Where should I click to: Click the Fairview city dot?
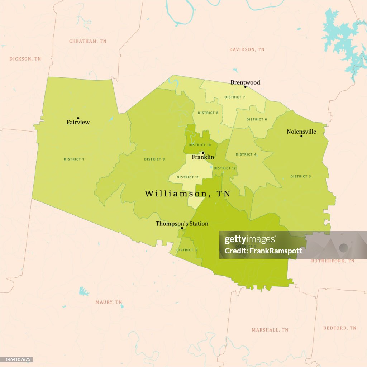pyautogui.click(x=78, y=118)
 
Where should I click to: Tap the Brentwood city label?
pyautogui.click(x=245, y=82)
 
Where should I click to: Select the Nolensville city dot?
pyautogui.click(x=301, y=136)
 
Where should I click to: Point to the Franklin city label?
pyautogui.click(x=203, y=157)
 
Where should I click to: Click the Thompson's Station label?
pyautogui.click(x=182, y=224)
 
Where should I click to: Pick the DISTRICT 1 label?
pyautogui.click(x=74, y=159)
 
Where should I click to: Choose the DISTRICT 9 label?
pyautogui.click(x=154, y=159)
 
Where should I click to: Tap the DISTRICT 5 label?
pyautogui.click(x=301, y=176)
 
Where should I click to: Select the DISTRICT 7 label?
pyautogui.click(x=235, y=97)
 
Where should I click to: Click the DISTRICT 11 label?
pyautogui.click(x=188, y=177)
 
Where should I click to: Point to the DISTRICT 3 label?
pyautogui.click(x=187, y=250)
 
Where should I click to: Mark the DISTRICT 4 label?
pyautogui.click(x=246, y=154)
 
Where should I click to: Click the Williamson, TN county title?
pyautogui.click(x=187, y=194)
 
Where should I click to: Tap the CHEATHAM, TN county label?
pyautogui.click(x=88, y=41)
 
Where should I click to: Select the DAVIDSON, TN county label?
pyautogui.click(x=247, y=49)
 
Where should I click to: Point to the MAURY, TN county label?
pyautogui.click(x=109, y=302)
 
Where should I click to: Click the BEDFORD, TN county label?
pyautogui.click(x=340, y=328)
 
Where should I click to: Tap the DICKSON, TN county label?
pyautogui.click(x=25, y=59)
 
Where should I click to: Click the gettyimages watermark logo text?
pyautogui.click(x=250, y=240)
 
